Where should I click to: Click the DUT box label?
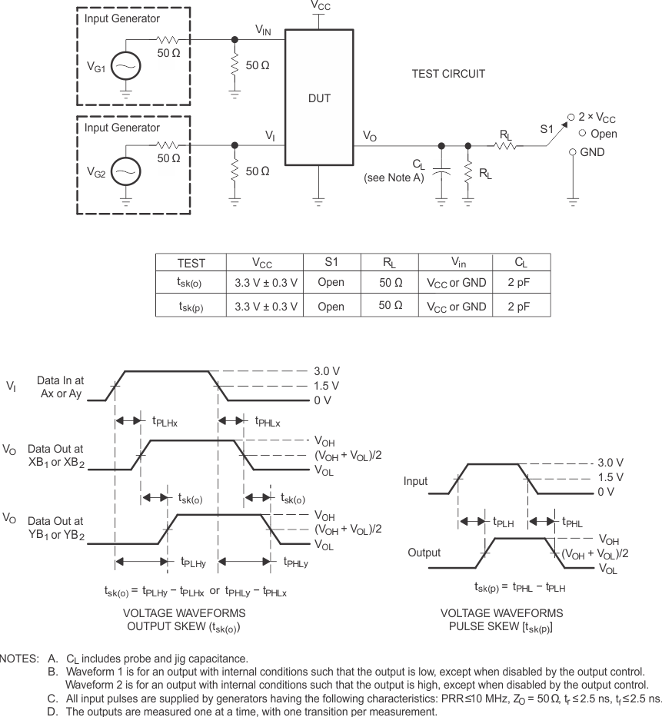click(319, 99)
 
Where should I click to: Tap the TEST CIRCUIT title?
click(448, 74)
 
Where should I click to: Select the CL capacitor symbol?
click(441, 174)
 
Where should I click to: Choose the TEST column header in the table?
click(191, 263)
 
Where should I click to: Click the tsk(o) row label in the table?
click(191, 283)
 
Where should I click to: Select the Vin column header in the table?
click(457, 263)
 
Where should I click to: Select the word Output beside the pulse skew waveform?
click(424, 553)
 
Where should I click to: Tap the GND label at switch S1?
click(593, 152)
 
